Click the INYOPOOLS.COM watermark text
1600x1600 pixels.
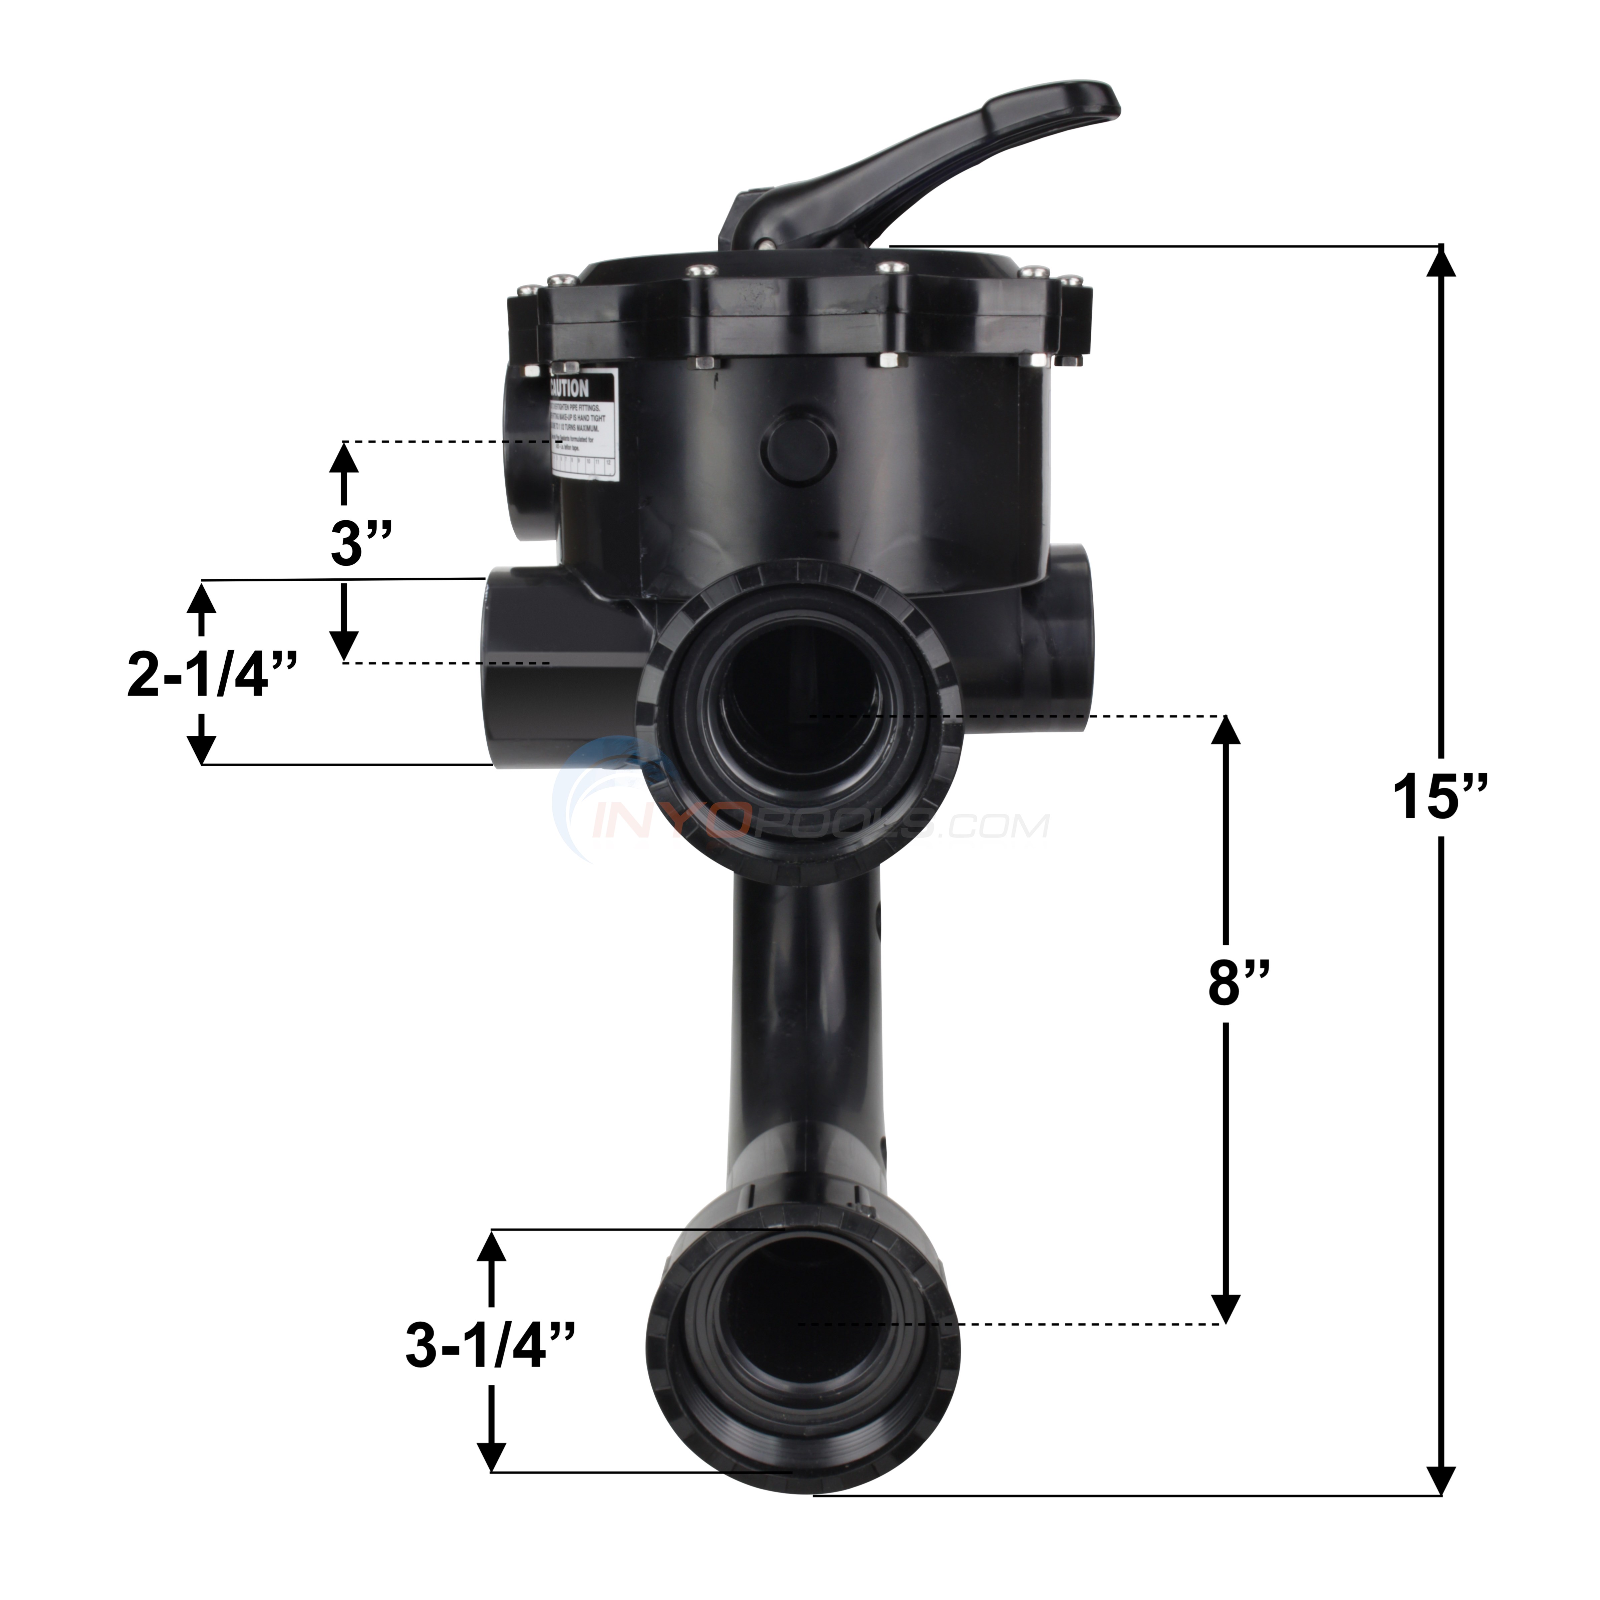coord(828,824)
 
